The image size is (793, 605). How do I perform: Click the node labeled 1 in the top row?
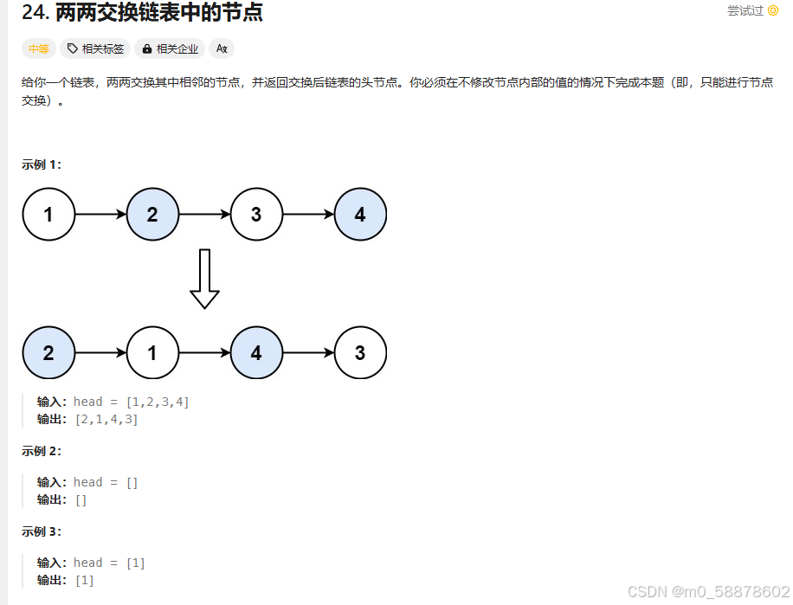(48, 214)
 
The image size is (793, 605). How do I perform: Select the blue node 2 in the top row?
(152, 214)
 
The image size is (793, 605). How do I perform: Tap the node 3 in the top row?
(256, 214)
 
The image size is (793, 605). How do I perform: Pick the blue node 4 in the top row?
(360, 214)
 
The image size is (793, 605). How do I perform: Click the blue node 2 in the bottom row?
(48, 352)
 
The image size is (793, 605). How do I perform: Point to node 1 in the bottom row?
(152, 352)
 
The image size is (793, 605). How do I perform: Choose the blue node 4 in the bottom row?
(256, 352)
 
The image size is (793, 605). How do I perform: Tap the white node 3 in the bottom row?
(360, 352)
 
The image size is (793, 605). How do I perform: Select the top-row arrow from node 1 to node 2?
(100, 214)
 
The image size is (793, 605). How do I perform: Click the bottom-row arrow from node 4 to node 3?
(308, 352)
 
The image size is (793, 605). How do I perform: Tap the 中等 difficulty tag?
(39, 49)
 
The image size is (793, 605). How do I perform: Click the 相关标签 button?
(95, 49)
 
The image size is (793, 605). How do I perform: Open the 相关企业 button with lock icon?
(171, 49)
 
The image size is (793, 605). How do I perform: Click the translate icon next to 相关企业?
(222, 49)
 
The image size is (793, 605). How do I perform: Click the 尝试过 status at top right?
(752, 11)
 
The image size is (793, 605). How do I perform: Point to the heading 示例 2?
(42, 451)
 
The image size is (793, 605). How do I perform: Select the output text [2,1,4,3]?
(106, 420)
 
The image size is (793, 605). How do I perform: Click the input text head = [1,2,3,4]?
(132, 402)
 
